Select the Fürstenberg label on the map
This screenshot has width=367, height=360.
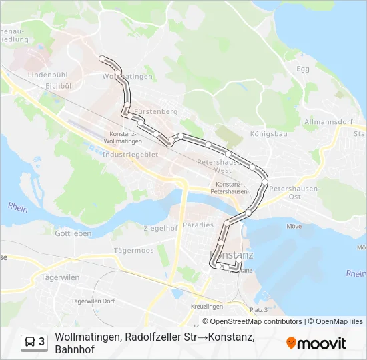(x=155, y=111)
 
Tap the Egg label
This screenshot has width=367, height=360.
(x=303, y=69)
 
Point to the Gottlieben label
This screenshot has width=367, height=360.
(x=73, y=233)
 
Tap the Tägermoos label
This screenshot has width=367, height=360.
(x=133, y=251)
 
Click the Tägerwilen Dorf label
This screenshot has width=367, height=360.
(x=93, y=301)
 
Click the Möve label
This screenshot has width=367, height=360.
(x=294, y=226)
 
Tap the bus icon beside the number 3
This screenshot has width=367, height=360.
(x=31, y=342)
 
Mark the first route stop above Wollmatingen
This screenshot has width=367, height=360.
(x=103, y=59)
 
